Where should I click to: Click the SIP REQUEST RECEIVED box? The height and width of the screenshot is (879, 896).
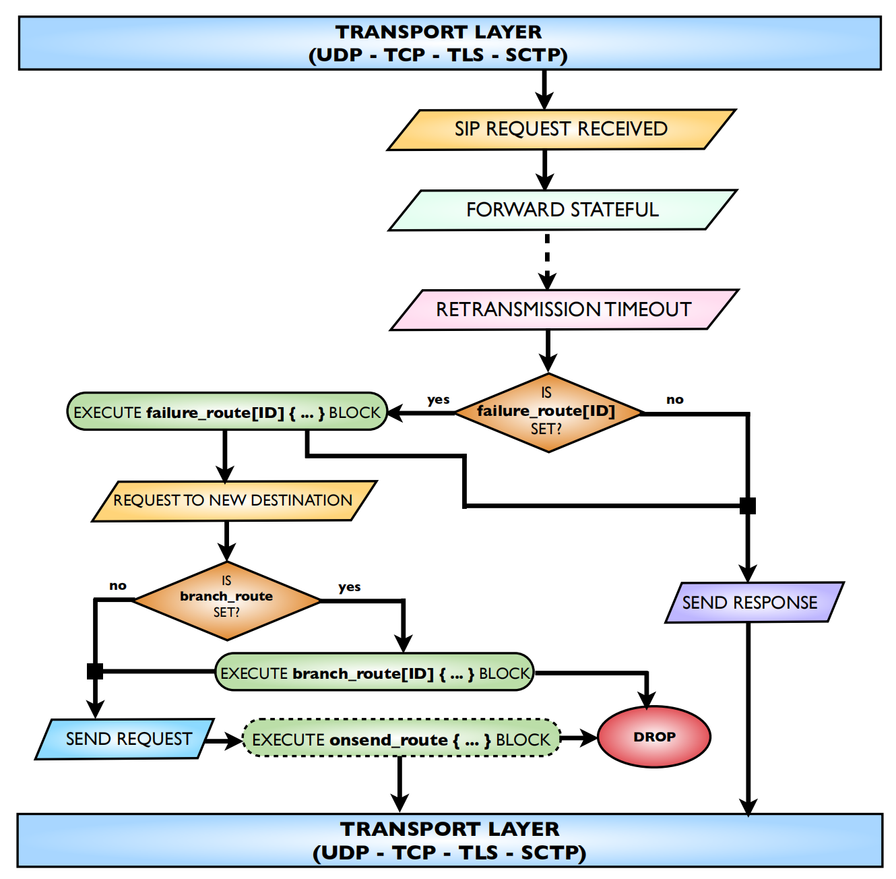click(561, 129)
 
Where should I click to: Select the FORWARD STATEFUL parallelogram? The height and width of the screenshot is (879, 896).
click(563, 210)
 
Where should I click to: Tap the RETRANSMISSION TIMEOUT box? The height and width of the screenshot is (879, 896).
click(564, 310)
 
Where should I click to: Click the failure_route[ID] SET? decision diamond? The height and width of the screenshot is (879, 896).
click(547, 412)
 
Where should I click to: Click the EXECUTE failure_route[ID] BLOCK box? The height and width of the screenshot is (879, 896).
click(227, 412)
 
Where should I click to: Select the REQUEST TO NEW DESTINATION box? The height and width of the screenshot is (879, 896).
click(233, 501)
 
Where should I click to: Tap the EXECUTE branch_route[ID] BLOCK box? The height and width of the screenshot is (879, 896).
click(375, 673)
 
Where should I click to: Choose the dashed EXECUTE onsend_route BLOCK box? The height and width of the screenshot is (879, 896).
click(401, 739)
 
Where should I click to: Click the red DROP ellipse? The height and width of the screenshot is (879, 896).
click(654, 737)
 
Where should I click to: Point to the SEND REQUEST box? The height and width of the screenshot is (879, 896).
click(125, 739)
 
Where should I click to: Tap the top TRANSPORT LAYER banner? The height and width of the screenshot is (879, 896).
click(449, 43)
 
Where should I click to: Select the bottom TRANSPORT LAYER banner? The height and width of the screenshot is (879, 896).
click(449, 840)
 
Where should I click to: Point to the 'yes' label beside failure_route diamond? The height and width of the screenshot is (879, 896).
click(439, 400)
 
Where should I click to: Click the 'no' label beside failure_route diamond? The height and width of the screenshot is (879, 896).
click(675, 400)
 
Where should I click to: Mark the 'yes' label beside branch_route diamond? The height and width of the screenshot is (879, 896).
click(350, 587)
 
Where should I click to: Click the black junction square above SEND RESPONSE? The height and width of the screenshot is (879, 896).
click(748, 506)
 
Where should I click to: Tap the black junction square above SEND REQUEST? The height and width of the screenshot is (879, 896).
click(95, 671)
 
